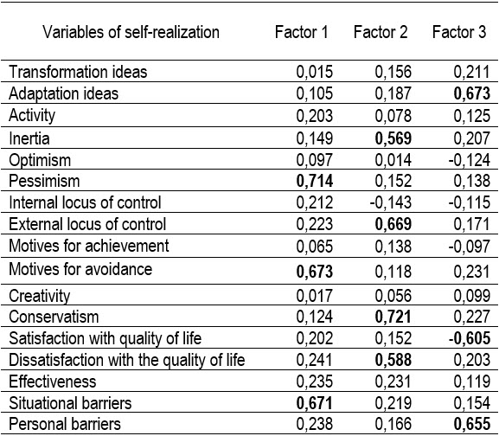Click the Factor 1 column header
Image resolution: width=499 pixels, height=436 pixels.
click(301, 32)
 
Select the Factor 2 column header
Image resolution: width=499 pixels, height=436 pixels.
click(381, 32)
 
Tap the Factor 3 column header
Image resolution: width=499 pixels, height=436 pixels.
click(459, 32)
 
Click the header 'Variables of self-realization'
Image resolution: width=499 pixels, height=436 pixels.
click(131, 32)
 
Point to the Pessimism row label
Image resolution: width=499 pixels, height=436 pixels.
click(44, 181)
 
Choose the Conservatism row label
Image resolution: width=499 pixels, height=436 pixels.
click(54, 317)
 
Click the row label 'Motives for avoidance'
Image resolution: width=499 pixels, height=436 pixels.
click(80, 269)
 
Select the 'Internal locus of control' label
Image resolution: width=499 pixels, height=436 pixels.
click(85, 202)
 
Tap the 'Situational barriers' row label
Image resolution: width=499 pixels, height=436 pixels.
click(70, 403)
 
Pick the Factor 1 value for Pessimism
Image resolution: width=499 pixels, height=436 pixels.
click(315, 181)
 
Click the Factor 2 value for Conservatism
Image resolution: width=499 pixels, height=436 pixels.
click(393, 317)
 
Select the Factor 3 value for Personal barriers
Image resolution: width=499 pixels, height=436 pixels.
click(471, 424)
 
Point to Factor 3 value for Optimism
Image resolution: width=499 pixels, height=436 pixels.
click(470, 160)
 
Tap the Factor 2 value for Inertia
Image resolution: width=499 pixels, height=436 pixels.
click(393, 138)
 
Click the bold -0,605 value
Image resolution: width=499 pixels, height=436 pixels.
click(470, 338)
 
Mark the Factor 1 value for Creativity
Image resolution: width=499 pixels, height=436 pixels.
click(315, 296)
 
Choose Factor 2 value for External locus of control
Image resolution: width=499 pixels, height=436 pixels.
click(393, 224)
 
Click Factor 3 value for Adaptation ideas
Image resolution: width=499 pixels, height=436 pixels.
click(471, 93)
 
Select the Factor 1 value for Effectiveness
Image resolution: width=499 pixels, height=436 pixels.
click(315, 381)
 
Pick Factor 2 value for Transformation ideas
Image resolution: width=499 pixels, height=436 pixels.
click(393, 72)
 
